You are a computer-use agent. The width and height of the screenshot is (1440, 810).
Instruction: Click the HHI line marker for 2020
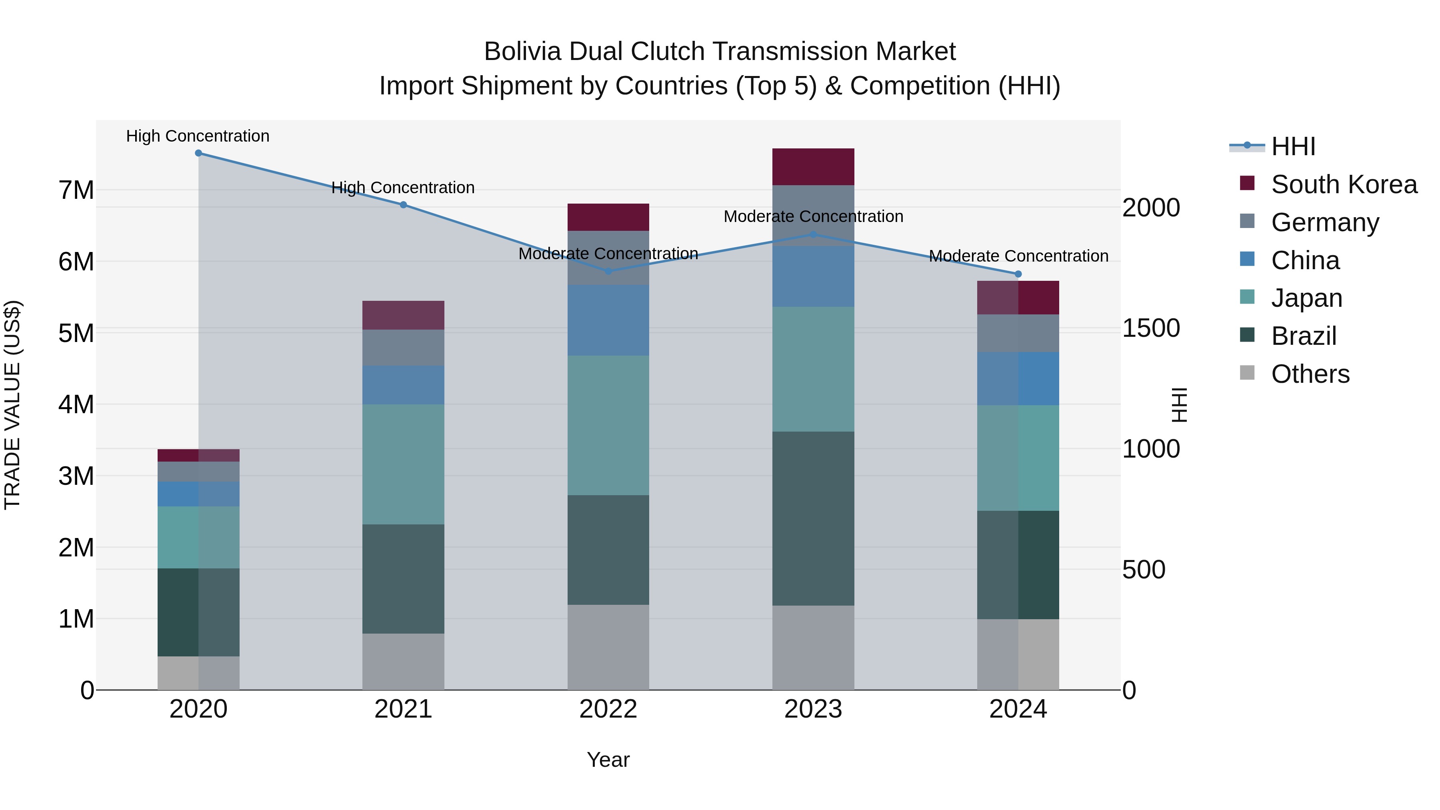point(198,153)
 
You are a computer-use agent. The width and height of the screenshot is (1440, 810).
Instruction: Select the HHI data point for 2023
point(813,235)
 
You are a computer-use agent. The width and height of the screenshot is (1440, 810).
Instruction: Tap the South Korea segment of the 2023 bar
point(813,166)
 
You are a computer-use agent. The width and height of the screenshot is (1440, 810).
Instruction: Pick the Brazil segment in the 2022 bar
point(608,550)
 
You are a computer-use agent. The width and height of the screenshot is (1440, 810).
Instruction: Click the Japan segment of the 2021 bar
point(403,464)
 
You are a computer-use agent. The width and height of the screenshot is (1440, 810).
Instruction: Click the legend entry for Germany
point(1324,222)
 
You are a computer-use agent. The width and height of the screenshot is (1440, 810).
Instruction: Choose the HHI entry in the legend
point(1292,146)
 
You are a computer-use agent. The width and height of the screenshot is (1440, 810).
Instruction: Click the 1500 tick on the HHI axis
point(1151,328)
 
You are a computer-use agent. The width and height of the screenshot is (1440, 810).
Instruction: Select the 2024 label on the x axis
point(1018,709)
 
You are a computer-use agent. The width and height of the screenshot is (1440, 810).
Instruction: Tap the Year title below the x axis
point(608,760)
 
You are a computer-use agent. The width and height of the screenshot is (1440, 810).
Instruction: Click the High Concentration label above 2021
point(403,188)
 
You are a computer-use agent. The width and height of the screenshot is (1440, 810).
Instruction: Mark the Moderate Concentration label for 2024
point(1018,256)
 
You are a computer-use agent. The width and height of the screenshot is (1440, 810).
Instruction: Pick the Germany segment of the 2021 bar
point(403,347)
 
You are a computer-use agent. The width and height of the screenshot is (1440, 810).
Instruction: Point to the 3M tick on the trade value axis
point(76,476)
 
